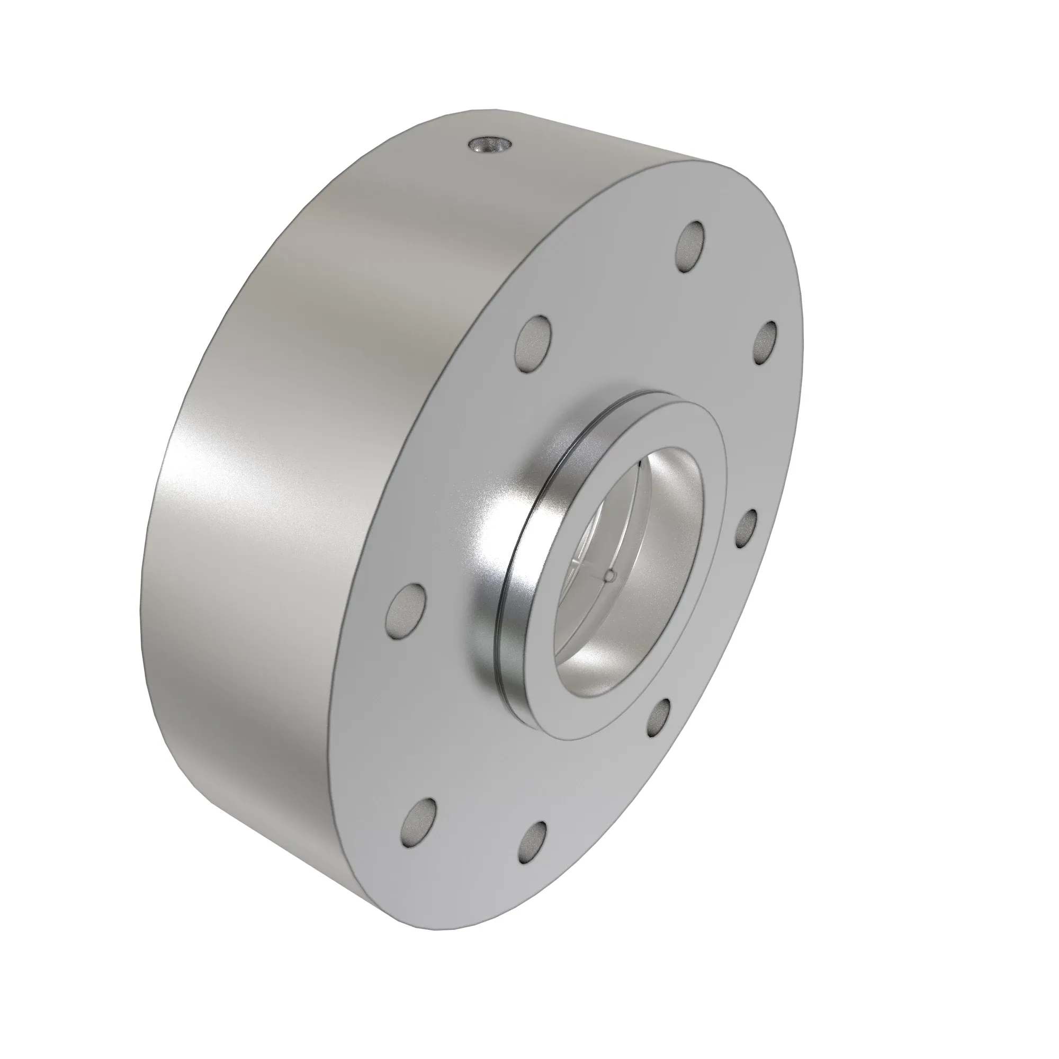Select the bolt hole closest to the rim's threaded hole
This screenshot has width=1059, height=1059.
(534, 344)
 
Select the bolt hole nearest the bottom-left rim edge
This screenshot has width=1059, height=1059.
(420, 823)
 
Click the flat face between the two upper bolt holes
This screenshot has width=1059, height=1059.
(614, 296)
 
